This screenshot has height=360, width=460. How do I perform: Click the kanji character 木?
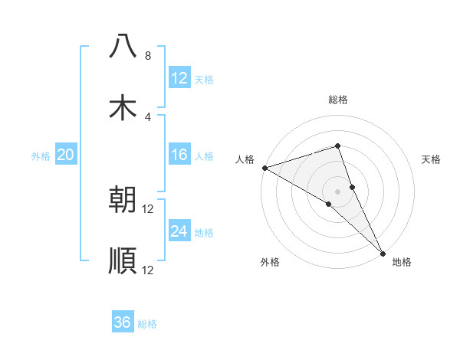[x=123, y=106]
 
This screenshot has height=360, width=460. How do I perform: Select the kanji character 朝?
[x=123, y=200]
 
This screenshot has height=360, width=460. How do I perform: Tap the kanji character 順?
[x=123, y=261]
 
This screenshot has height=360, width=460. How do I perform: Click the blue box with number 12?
[x=179, y=77]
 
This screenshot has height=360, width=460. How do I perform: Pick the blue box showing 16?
[x=179, y=155]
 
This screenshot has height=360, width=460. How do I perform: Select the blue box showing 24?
[x=179, y=232]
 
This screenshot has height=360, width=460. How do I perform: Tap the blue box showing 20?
[x=66, y=155]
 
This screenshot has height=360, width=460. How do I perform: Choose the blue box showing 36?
[x=123, y=322]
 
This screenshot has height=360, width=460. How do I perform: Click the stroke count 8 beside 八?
[x=147, y=56]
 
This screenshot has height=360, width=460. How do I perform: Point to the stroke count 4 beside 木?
[x=147, y=116]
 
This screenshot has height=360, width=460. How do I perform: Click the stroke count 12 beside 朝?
[x=147, y=209]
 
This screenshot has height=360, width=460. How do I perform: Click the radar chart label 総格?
[x=338, y=100]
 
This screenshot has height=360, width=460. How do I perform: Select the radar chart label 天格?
[x=432, y=159]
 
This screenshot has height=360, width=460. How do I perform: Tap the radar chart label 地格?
[x=402, y=262]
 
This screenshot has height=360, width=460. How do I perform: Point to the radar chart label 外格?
[x=270, y=262]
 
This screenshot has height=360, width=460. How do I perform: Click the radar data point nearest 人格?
[x=264, y=167]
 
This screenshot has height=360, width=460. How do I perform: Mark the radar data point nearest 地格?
[x=383, y=252]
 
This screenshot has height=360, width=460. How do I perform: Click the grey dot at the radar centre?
[x=337, y=191]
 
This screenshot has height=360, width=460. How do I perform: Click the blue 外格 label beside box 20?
[x=41, y=156]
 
